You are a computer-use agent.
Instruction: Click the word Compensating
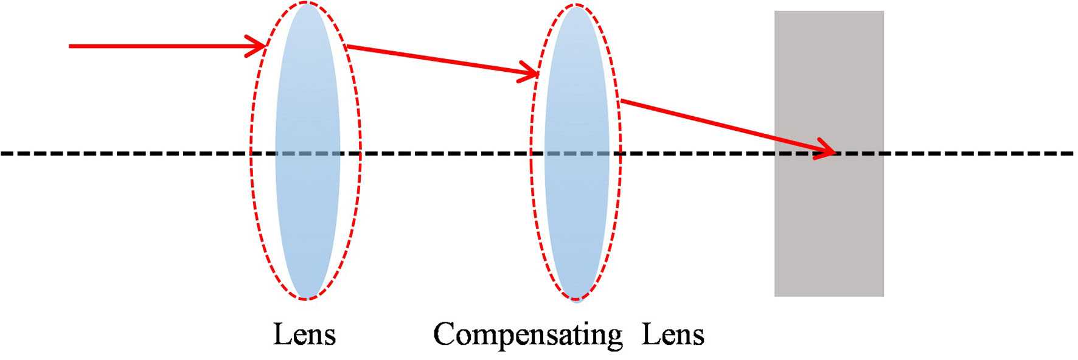point(527,335)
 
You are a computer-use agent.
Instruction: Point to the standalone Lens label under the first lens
point(304,335)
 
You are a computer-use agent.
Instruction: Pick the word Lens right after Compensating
point(673,335)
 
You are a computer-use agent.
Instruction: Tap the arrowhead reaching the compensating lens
point(530,74)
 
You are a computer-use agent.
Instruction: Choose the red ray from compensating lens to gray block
point(718,125)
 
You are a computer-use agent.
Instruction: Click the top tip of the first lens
point(307,5)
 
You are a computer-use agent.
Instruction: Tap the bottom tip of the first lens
point(307,297)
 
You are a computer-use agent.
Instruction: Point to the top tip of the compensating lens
point(576,7)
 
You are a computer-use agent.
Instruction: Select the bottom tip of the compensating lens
point(576,299)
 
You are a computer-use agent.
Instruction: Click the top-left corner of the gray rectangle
point(776,12)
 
